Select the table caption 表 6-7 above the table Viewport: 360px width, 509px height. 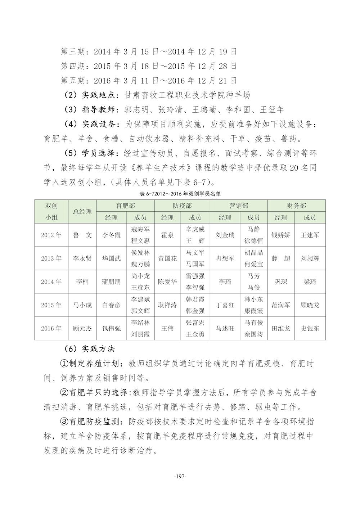pyautogui.click(x=180, y=194)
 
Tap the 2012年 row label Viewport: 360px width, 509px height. pyautogui.click(x=51, y=235)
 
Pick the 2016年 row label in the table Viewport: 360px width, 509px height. pyautogui.click(x=51, y=328)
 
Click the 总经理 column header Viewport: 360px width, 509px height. pyautogui.click(x=82, y=212)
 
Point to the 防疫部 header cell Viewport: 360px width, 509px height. pyautogui.click(x=182, y=206)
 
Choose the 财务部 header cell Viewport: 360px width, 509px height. pyautogui.click(x=296, y=206)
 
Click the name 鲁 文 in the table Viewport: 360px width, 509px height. pyautogui.click(x=82, y=235)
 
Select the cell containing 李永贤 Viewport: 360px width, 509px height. pyautogui.click(x=82, y=258)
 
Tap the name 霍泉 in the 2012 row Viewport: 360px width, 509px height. pyautogui.click(x=167, y=235)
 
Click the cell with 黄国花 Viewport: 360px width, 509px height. pyautogui.click(x=167, y=258)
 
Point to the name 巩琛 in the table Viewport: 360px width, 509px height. pyautogui.click(x=281, y=282)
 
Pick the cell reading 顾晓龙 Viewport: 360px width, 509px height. pyautogui.click(x=310, y=305)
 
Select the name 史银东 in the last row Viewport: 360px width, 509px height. pyautogui.click(x=310, y=328)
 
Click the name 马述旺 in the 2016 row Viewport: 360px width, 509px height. pyautogui.click(x=225, y=328)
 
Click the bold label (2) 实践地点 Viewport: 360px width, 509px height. pyautogui.click(x=91, y=95)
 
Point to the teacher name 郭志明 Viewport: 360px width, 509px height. pyautogui.click(x=138, y=109)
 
